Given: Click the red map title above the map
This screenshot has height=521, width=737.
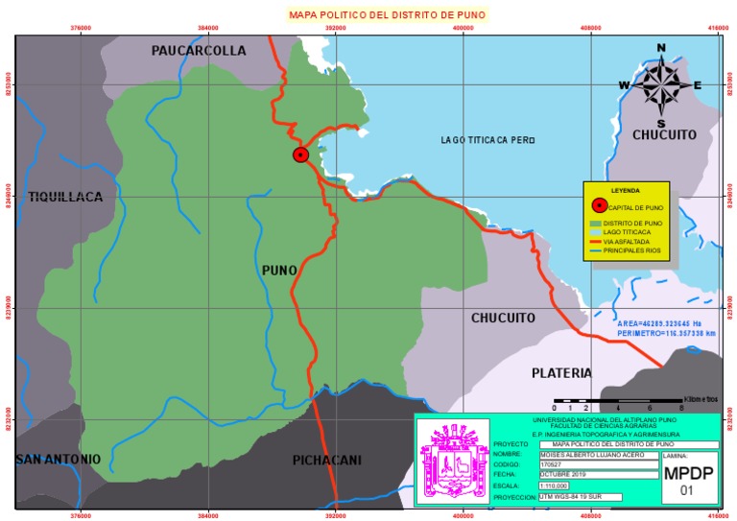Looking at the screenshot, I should click(389, 14).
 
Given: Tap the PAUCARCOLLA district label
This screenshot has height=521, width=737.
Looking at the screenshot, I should click(199, 51).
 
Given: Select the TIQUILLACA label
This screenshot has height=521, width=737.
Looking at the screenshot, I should click(65, 197).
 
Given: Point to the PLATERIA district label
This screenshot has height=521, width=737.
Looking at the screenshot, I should click(561, 372).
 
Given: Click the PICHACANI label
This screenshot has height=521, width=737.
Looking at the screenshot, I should click(326, 461).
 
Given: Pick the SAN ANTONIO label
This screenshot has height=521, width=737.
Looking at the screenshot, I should click(59, 460).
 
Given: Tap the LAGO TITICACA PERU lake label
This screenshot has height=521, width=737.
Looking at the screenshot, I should click(487, 140).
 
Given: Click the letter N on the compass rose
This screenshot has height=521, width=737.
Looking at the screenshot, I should click(661, 48).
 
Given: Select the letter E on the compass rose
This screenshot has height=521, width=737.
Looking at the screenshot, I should click(698, 85).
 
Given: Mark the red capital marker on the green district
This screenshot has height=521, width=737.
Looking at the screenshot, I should click(300, 154).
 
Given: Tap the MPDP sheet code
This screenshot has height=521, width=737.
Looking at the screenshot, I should click(687, 474).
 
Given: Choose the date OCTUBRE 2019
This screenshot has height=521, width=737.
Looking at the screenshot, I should click(562, 475).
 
